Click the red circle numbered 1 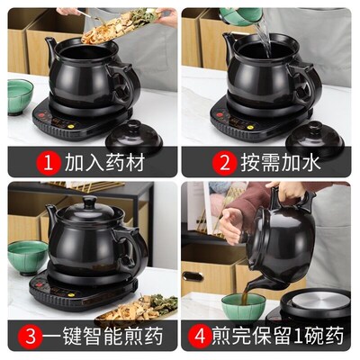pyautogui.click(x=49, y=163)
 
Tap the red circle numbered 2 pyautogui.click(x=224, y=163)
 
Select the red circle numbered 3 pyautogui.click(x=31, y=336)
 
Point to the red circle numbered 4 pyautogui.click(x=200, y=336)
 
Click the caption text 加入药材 pyautogui.click(x=104, y=163)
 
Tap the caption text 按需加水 pyautogui.click(x=281, y=163)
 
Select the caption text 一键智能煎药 pyautogui.click(x=103, y=336)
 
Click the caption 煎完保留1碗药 pyautogui.click(x=278, y=336)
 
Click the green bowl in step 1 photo pyautogui.click(x=20, y=96)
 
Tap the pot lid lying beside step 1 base pyautogui.click(x=134, y=134)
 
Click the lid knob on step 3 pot pyautogui.click(x=90, y=202)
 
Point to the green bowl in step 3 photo pyautogui.click(x=27, y=257)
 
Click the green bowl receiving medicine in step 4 pyautogui.click(x=244, y=307)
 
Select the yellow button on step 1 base pyautogui.click(x=72, y=127)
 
